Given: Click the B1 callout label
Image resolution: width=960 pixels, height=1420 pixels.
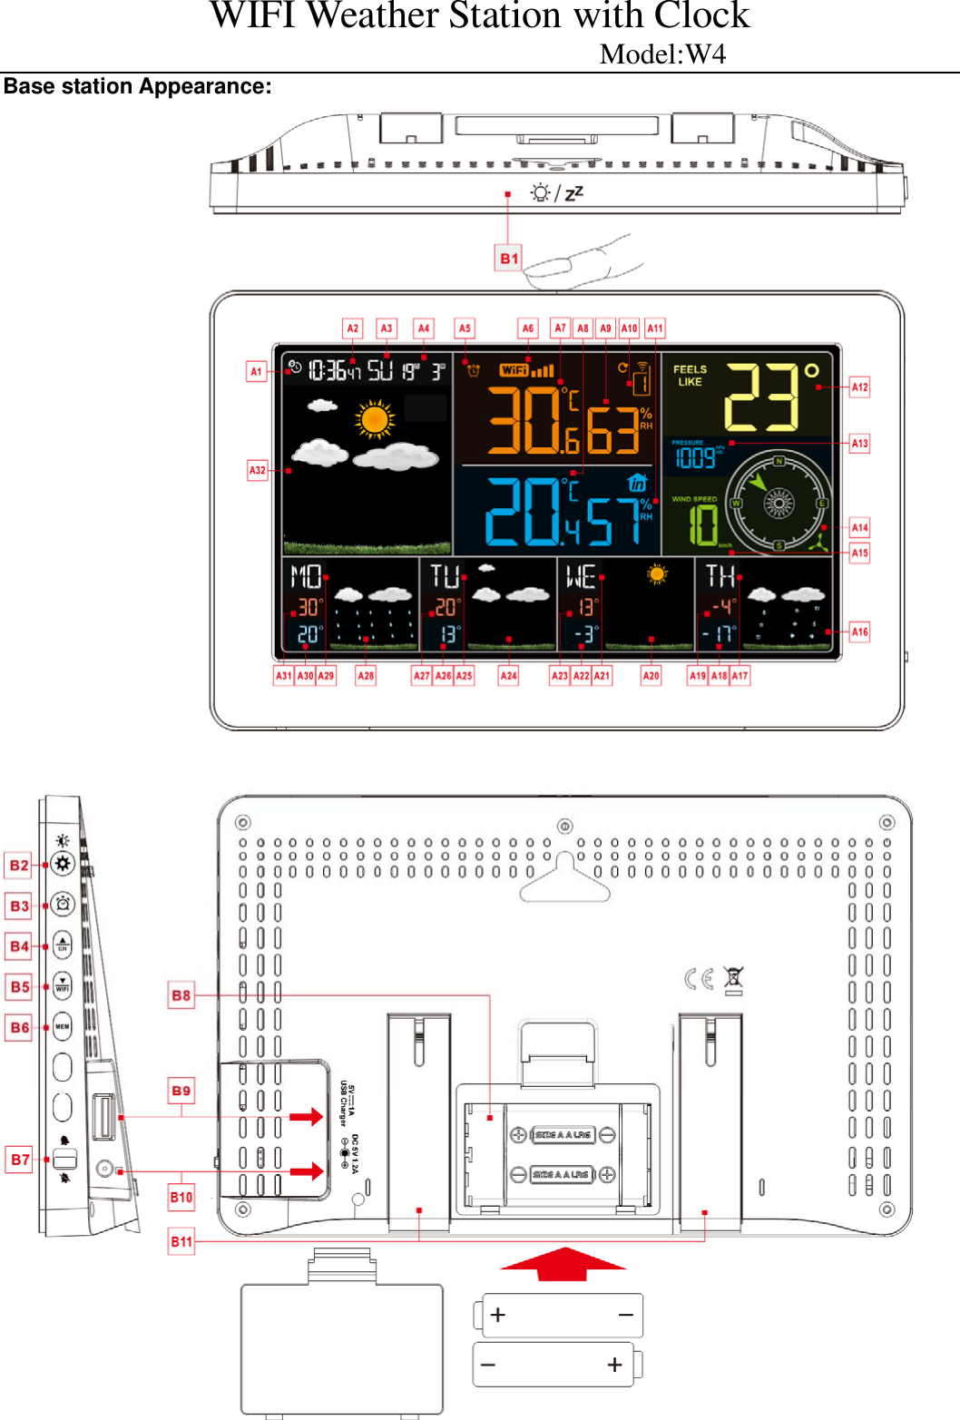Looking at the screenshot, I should [x=509, y=259].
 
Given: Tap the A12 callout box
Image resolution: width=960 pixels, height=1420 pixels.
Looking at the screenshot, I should [x=859, y=387].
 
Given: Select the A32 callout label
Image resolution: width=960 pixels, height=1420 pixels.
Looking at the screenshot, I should [x=258, y=470].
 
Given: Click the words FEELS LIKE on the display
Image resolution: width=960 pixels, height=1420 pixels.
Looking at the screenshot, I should [x=690, y=376].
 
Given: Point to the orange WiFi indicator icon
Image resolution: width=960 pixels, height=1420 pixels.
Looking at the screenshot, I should [x=514, y=370].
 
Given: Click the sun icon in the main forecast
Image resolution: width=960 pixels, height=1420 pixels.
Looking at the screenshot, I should [x=375, y=420].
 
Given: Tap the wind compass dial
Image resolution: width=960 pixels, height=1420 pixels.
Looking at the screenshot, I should [x=778, y=502].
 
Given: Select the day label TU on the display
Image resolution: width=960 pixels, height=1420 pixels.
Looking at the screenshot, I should [x=445, y=577].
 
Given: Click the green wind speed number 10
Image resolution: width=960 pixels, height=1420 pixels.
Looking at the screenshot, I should [x=702, y=525].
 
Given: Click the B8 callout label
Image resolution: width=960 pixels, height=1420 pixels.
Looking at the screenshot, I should [x=181, y=995].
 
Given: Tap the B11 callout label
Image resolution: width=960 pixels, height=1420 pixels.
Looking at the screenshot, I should [x=181, y=1241].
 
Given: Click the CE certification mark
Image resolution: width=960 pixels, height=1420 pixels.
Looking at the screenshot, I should [x=699, y=979].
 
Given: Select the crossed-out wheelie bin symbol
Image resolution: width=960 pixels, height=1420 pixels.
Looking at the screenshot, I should [x=733, y=980].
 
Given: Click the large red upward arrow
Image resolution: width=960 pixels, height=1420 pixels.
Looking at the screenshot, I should [x=563, y=1264].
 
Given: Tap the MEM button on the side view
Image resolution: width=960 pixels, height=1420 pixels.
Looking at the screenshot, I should [x=63, y=1027].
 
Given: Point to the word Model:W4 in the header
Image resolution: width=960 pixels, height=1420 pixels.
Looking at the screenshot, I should [x=662, y=54].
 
